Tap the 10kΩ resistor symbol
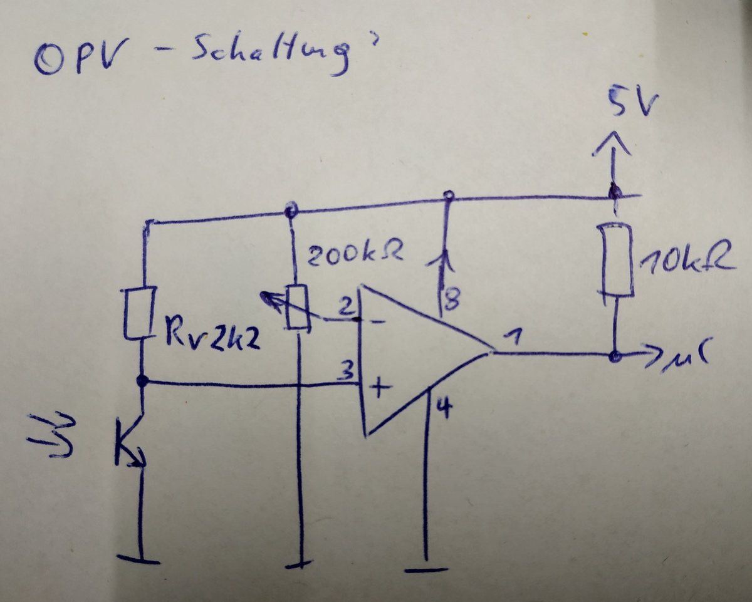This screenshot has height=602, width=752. coord(616,259)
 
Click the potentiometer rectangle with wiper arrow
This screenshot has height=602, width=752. coord(297,307)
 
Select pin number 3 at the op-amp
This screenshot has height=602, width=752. coord(345,372)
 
